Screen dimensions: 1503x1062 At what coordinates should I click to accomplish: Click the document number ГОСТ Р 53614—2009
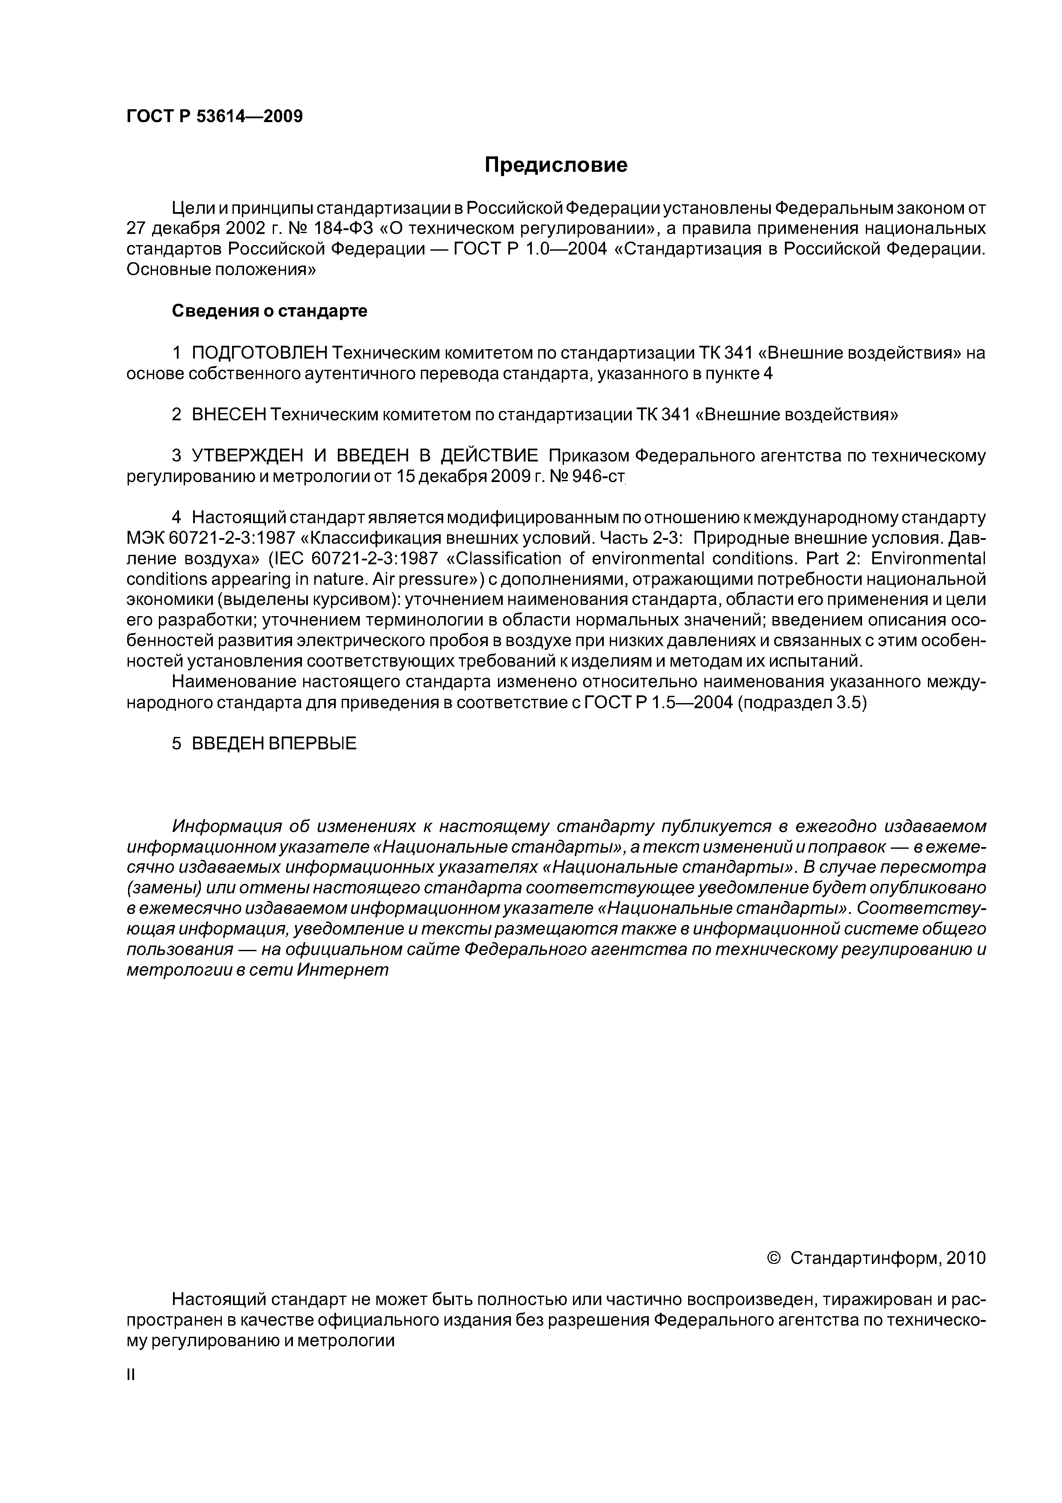point(214,117)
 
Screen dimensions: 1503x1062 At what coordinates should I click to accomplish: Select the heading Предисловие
point(555,165)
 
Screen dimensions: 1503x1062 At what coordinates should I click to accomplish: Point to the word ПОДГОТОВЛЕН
point(259,353)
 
